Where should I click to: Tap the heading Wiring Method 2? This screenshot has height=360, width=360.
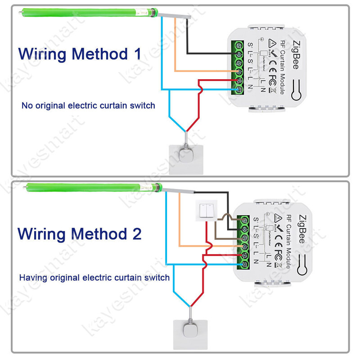(80, 234)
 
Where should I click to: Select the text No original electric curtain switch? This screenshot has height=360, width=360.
(88, 106)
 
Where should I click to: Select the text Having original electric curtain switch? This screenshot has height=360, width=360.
(94, 277)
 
